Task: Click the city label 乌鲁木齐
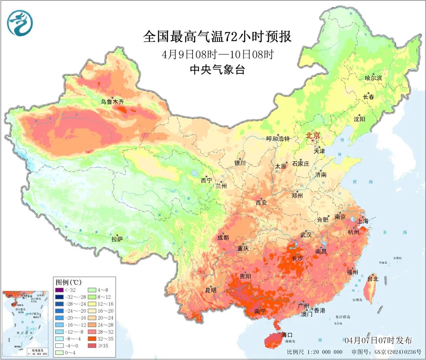tap(112, 102)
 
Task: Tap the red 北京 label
tap(314, 136)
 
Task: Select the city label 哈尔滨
tap(373, 78)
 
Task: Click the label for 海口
tap(287, 335)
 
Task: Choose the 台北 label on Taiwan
tap(373, 279)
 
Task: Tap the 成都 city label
tap(223, 237)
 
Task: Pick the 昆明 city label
tap(211, 290)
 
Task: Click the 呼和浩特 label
tap(278, 139)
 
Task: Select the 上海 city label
tap(362, 221)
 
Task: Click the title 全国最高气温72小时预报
tap(217, 37)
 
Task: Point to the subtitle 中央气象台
tap(217, 70)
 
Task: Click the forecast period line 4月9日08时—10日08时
tap(217, 54)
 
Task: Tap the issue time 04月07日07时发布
tap(378, 340)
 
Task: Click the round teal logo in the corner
tap(20, 23)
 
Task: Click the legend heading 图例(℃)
tap(69, 282)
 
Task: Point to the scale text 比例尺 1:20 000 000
tap(314, 352)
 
